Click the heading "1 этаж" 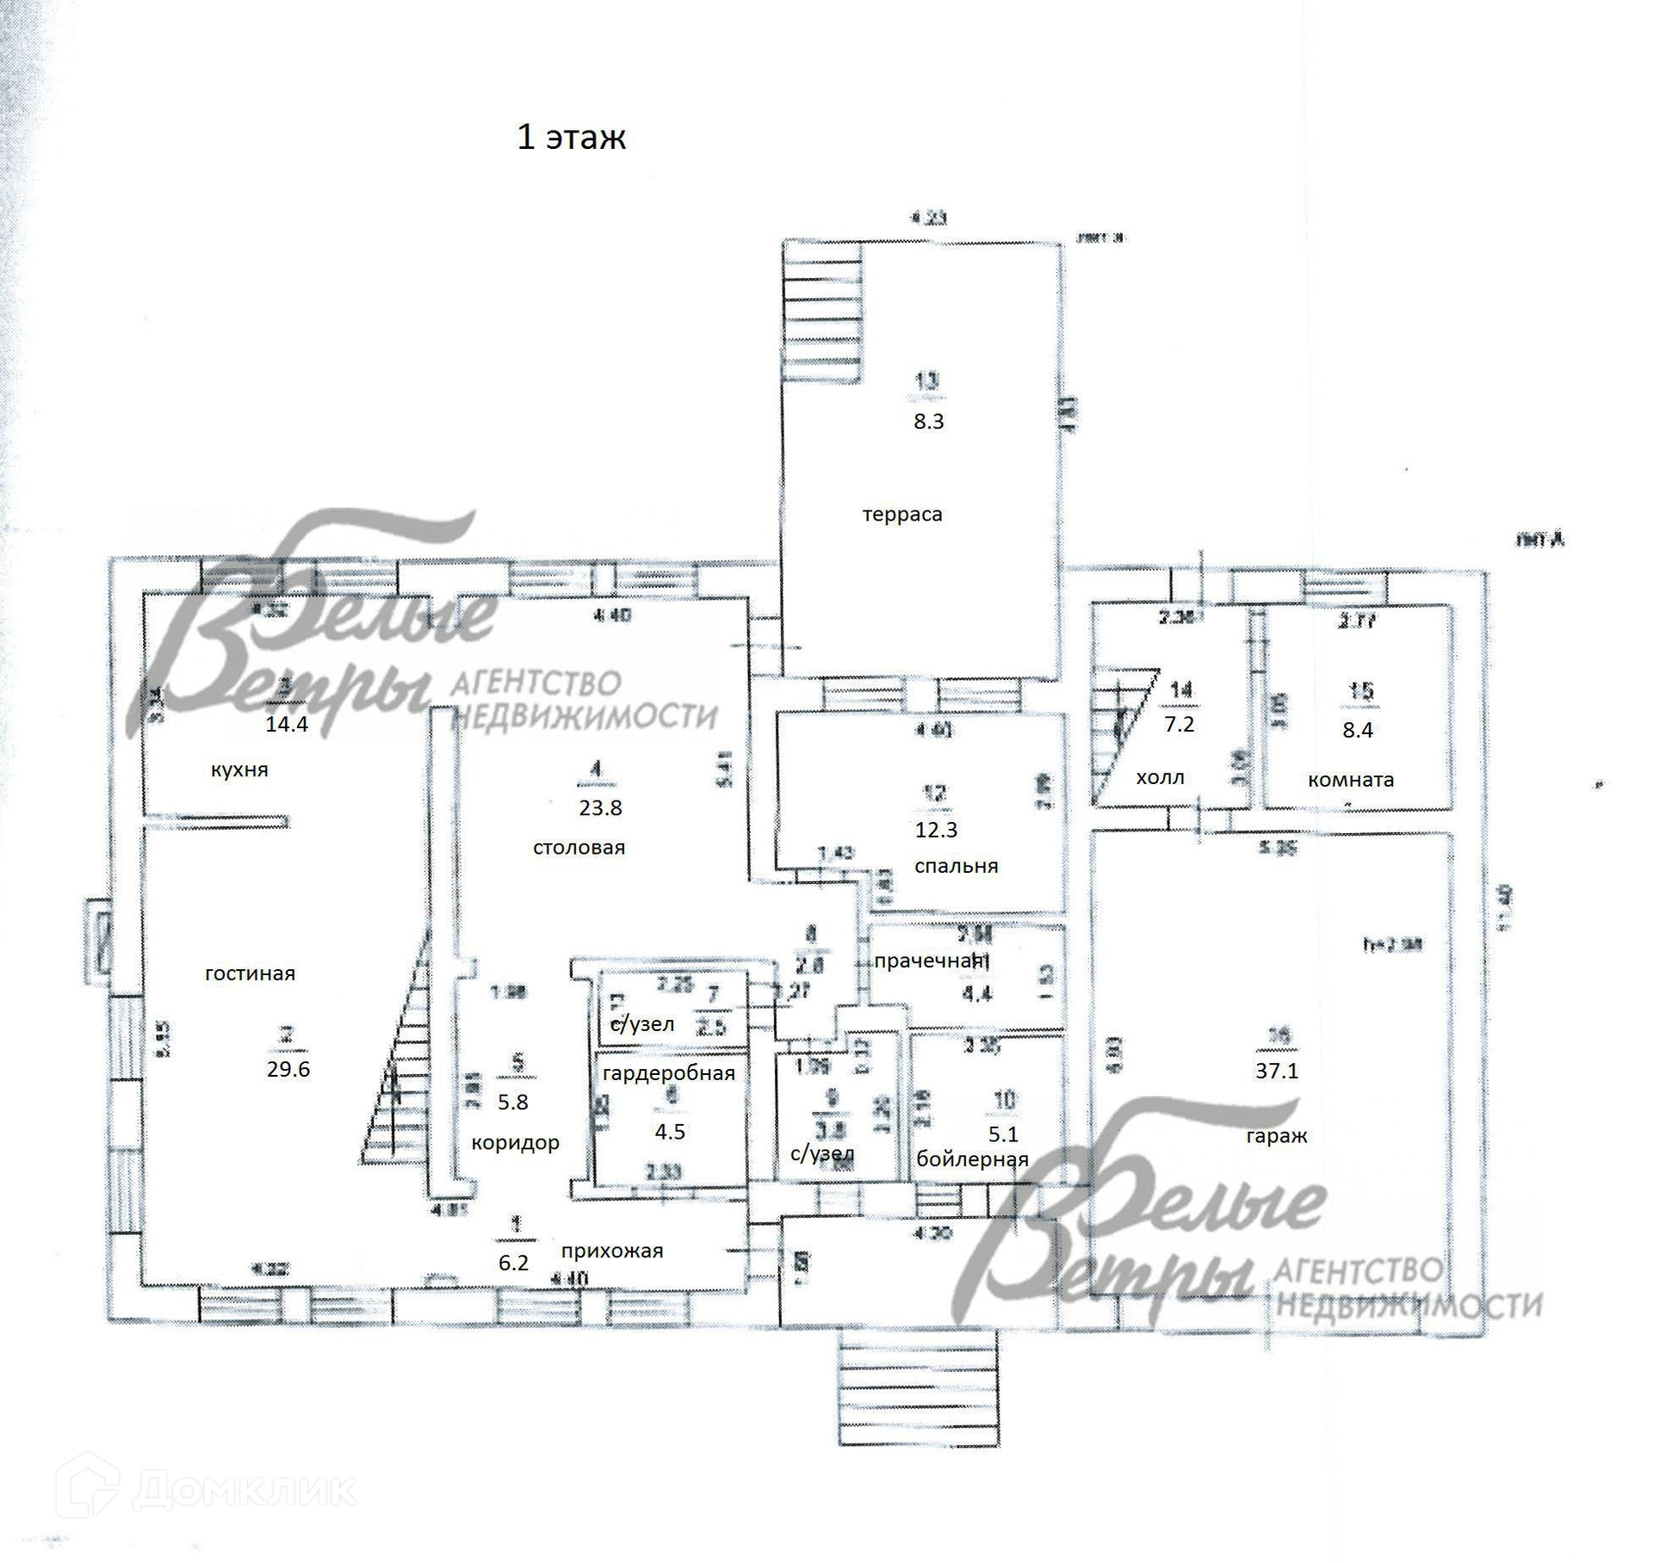click(571, 138)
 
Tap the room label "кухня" click(239, 770)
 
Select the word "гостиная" click(250, 973)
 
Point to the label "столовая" click(579, 848)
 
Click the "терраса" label click(902, 515)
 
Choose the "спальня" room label click(956, 866)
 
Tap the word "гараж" click(1276, 1136)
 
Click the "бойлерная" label click(972, 1159)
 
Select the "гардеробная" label click(669, 1073)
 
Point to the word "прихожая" click(612, 1251)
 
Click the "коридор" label click(515, 1143)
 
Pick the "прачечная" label click(928, 961)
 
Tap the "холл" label click(1160, 778)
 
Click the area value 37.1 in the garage click(1276, 1071)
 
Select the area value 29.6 click(288, 1069)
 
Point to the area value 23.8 click(601, 807)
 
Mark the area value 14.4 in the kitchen click(286, 724)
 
